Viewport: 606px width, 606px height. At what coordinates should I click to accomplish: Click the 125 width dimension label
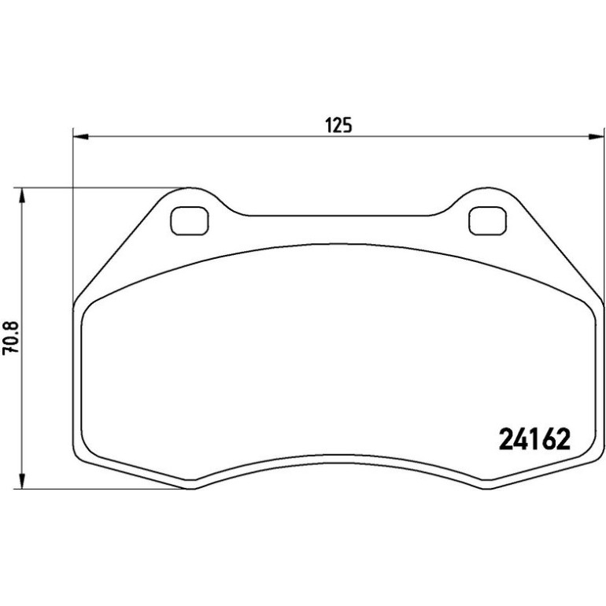[339, 125]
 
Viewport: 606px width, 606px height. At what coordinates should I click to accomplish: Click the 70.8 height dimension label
[10, 338]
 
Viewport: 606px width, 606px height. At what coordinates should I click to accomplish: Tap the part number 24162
[534, 439]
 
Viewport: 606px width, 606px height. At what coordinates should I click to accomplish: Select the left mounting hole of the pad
[190, 221]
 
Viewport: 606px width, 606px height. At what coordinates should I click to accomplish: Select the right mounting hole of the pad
[487, 221]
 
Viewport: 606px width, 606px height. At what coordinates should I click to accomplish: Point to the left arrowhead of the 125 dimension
[81, 136]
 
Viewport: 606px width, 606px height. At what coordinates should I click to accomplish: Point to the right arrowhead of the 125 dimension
[596, 136]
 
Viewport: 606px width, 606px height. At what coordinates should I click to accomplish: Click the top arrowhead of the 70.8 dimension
[22, 195]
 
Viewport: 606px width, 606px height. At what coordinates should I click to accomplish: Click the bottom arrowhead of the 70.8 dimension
[22, 482]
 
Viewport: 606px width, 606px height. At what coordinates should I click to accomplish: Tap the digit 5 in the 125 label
[347, 125]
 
